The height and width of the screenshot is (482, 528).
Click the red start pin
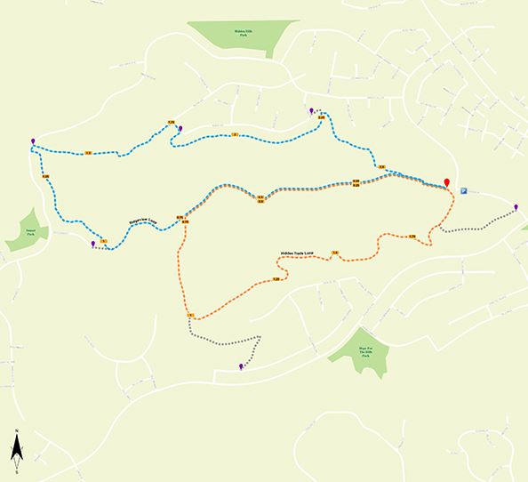447,182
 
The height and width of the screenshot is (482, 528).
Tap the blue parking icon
463,189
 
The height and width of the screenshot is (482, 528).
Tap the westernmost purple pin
33,141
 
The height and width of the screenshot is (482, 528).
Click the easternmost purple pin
516,207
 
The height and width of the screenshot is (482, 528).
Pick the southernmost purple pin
241,366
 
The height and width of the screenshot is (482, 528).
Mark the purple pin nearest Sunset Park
92,242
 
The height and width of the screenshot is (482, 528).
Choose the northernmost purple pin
311,110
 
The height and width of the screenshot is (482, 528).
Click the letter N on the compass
15,434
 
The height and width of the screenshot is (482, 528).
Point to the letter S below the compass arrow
16,470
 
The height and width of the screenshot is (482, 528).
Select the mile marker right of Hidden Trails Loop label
335,254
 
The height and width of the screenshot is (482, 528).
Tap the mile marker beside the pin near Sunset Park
104,242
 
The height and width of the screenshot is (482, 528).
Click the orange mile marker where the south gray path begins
190,317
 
